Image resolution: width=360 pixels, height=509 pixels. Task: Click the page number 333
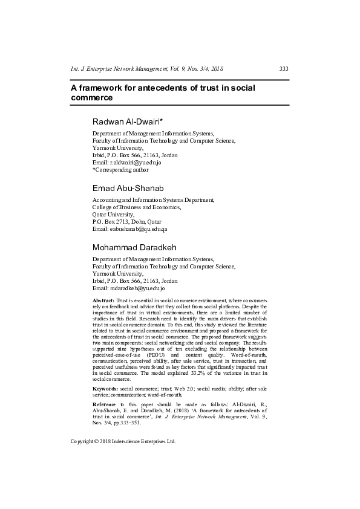[283, 69]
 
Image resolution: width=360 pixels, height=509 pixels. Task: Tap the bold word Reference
[105, 386]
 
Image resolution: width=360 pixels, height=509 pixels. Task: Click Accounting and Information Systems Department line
[153, 199]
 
